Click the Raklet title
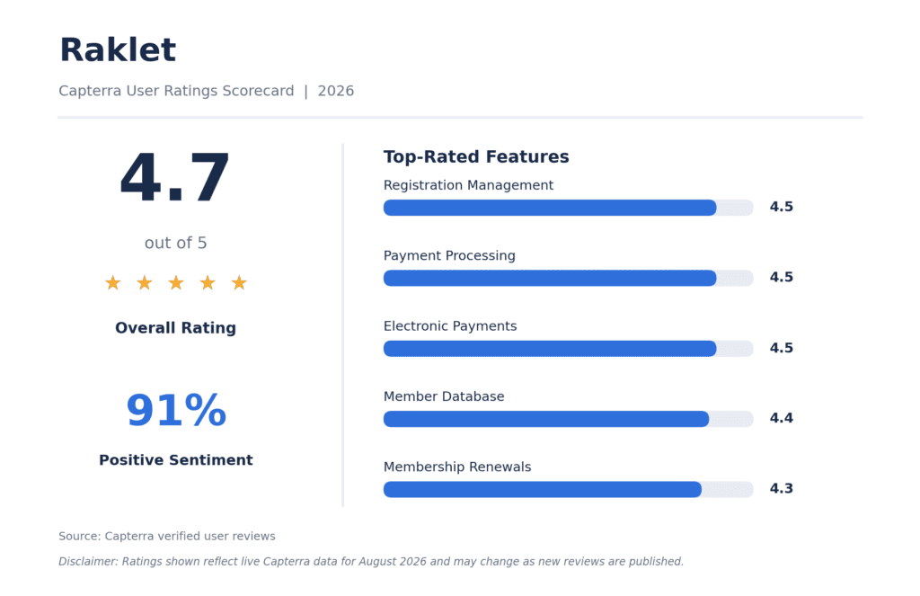[118, 50]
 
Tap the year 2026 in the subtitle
[336, 91]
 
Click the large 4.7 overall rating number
[175, 177]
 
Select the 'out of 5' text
[175, 243]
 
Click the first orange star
[112, 283]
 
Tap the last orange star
[239, 283]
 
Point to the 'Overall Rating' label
[175, 327]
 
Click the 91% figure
[176, 410]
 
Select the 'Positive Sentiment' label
[175, 459]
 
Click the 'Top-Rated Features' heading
[476, 156]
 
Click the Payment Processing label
[449, 255]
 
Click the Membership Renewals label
[457, 467]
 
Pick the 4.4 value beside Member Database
[781, 418]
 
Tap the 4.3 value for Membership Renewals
[781, 488]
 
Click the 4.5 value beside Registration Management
[781, 207]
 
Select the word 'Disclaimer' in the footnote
[88, 561]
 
